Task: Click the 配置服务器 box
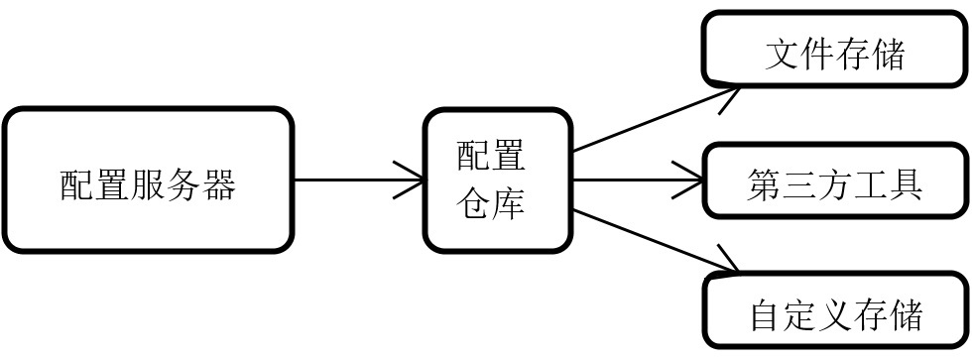[149, 180]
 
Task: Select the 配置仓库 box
[498, 180]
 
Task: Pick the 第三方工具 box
[835, 181]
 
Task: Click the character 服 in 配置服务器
[149, 184]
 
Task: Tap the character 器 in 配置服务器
[219, 184]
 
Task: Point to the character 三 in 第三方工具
[798, 185]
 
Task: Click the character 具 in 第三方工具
[905, 185]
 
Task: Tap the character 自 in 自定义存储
[765, 315]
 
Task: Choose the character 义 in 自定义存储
[835, 315]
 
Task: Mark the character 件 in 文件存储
[817, 55]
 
